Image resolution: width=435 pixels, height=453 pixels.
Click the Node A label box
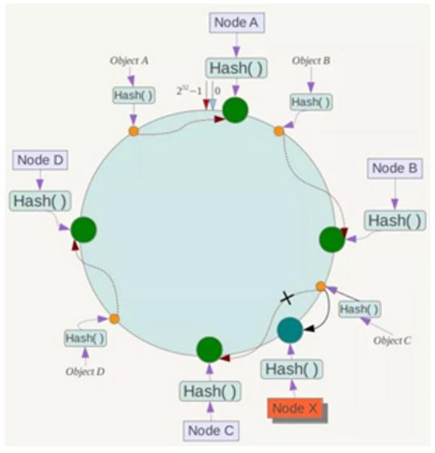click(236, 22)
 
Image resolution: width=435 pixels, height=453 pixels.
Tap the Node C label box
click(210, 430)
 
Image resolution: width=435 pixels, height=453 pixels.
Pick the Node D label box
click(39, 160)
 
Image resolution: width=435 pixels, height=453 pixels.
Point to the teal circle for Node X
click(290, 331)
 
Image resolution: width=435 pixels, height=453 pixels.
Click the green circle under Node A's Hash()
click(236, 110)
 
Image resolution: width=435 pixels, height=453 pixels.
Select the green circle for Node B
click(332, 240)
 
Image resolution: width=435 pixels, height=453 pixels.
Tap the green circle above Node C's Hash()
click(210, 350)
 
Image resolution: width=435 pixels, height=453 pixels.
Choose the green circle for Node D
click(84, 230)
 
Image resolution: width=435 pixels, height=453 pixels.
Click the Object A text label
click(130, 61)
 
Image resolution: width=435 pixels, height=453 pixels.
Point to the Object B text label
click(311, 61)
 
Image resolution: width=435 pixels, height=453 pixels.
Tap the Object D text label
click(85, 373)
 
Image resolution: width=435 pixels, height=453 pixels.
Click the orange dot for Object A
click(134, 131)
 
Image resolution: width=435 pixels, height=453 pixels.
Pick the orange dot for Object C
click(321, 287)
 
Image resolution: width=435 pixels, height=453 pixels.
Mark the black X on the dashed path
click(286, 297)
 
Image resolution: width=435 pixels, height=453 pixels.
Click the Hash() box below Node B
click(395, 220)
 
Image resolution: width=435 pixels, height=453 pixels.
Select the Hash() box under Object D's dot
click(85, 337)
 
